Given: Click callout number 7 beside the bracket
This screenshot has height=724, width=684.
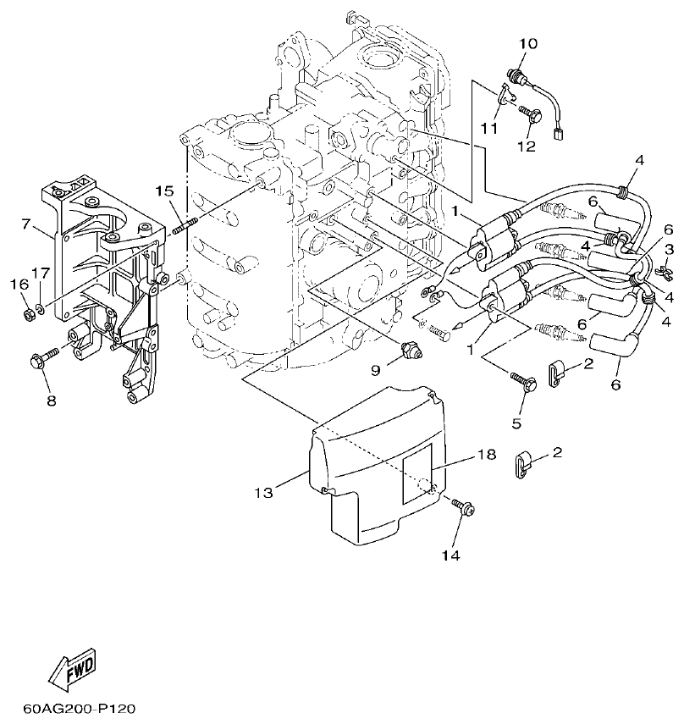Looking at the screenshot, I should tap(26, 224).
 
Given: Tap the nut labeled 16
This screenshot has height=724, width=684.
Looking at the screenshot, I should tap(28, 315).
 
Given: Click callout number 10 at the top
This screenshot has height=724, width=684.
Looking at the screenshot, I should tap(527, 42).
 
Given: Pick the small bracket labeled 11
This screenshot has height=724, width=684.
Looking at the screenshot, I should tap(508, 93).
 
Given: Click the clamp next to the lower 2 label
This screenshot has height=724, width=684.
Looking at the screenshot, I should tap(525, 464).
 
